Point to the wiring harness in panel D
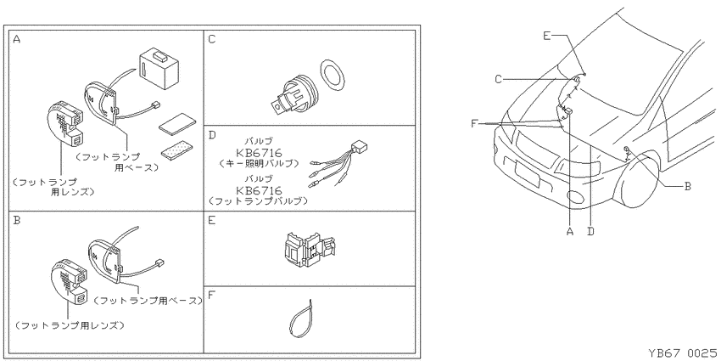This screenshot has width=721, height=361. coord(339,164)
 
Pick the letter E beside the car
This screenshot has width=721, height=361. coord(546,36)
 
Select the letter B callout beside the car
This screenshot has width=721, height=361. coord(688,186)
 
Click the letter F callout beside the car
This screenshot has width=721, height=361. coord(476,123)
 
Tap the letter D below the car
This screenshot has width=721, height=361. coord(591,231)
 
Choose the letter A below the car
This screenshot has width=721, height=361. coord(570,231)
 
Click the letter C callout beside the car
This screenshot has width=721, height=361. coord(499,79)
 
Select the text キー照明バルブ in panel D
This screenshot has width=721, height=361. coord(260,163)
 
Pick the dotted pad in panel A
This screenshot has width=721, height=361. coord(178,149)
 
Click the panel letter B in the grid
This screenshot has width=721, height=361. coord(17,220)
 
